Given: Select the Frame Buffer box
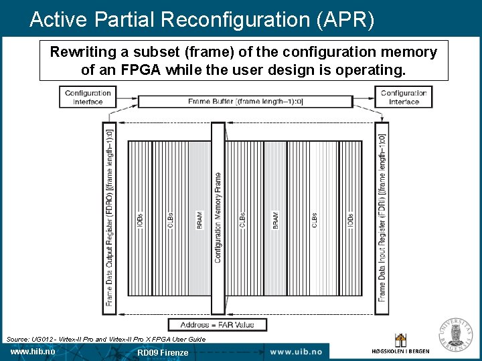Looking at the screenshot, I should tap(245, 102).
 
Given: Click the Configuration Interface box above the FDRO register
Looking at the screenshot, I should tap(88, 98).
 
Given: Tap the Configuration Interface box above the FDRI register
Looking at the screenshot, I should tap(404, 98).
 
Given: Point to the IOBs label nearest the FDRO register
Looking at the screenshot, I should tap(140, 221).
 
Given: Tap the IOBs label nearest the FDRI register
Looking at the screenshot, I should tap(350, 221).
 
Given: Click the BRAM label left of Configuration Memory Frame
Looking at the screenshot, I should tap(199, 221).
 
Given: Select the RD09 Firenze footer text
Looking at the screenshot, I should tap(163, 352).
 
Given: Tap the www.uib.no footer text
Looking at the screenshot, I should tap(295, 352).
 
